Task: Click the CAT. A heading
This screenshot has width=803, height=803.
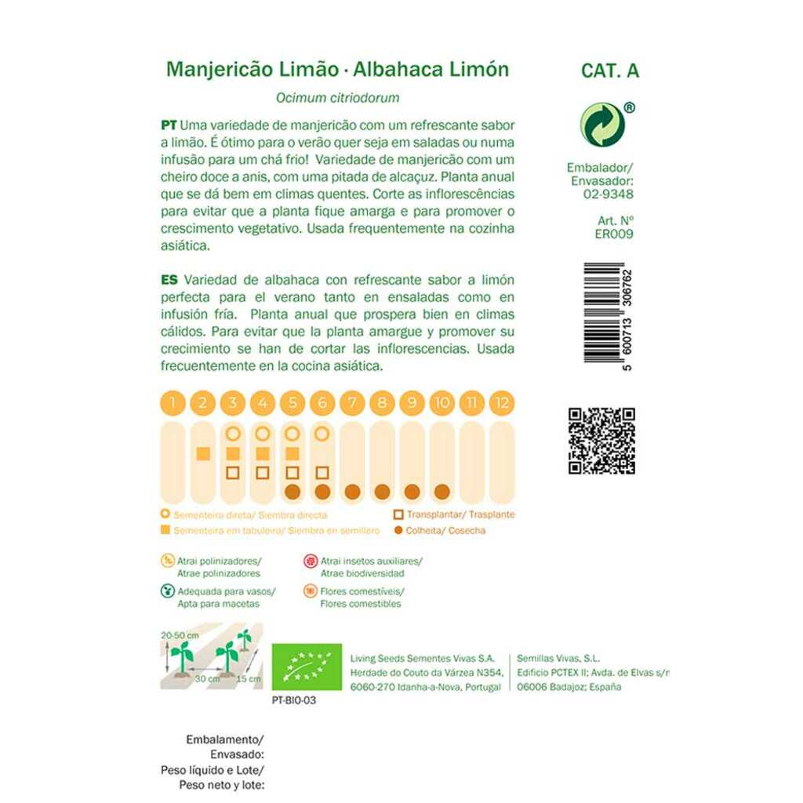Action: coord(610,71)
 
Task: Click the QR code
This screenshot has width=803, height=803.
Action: coord(601,441)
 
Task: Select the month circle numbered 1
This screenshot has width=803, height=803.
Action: coord(173,404)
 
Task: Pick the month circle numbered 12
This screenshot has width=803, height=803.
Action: coord(502,404)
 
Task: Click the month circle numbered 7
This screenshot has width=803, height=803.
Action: coord(352,404)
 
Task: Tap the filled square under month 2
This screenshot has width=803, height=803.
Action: coord(202,453)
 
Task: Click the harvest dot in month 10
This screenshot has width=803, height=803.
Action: coord(441,492)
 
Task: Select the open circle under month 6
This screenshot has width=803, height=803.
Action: coord(322,434)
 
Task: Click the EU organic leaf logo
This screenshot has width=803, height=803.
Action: coord(307,667)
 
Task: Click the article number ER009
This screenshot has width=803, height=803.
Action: coord(614,233)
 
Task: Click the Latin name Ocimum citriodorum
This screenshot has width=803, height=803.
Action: coord(338,99)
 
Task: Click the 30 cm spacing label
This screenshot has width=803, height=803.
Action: coord(206,678)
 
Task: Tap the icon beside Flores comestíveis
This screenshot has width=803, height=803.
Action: coord(310,591)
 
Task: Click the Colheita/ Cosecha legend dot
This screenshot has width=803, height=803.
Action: coord(399,531)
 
